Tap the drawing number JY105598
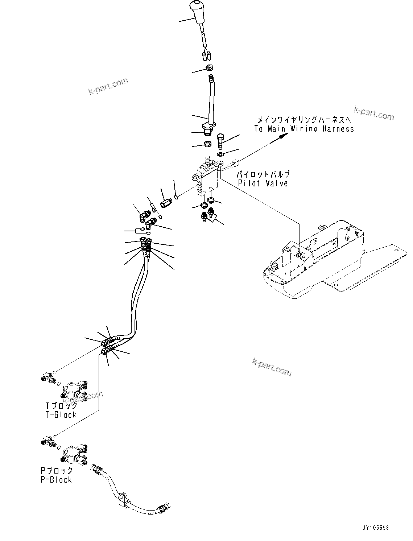click(375, 528)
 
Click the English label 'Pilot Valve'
click(263, 183)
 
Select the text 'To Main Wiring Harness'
click(304, 129)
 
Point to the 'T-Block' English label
click(61, 415)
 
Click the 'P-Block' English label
click(56, 480)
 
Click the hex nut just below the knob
click(209, 67)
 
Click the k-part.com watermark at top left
click(108, 86)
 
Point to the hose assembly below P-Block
click(127, 493)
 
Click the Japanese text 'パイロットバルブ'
click(263, 174)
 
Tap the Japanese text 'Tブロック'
click(61, 406)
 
